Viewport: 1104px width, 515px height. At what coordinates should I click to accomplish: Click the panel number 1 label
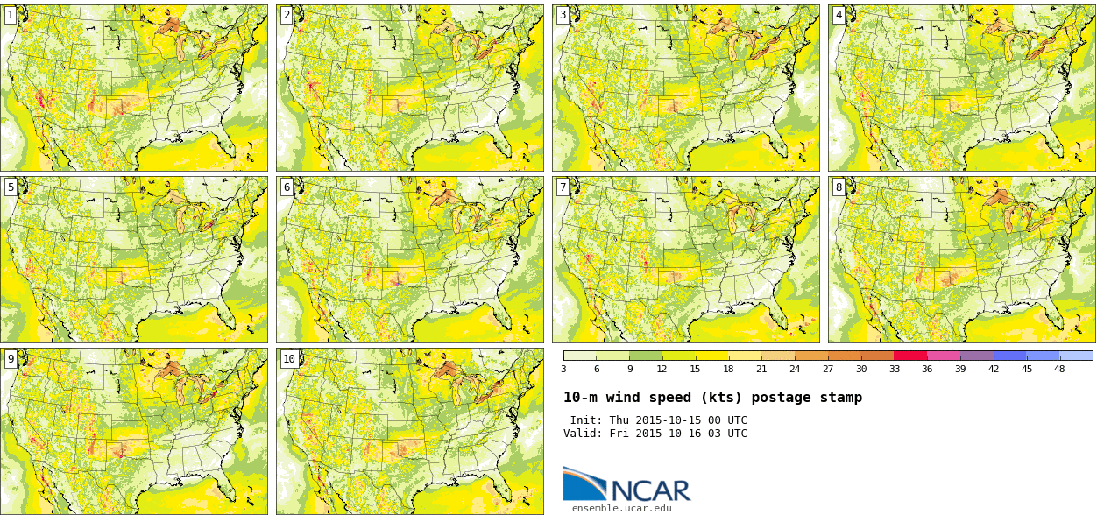tap(10, 15)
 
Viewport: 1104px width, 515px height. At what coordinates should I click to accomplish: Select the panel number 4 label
tap(839, 15)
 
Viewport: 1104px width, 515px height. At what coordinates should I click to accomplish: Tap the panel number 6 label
tap(287, 187)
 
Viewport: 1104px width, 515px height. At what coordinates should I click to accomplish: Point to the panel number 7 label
tap(563, 187)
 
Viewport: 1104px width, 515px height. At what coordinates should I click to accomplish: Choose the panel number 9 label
tap(11, 359)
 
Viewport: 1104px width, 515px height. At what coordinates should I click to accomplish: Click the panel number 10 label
tap(289, 359)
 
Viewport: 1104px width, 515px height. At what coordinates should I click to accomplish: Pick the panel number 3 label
tap(563, 15)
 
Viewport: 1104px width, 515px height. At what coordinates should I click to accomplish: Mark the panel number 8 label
tap(839, 187)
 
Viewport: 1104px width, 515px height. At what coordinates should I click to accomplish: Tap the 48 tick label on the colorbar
tap(1059, 369)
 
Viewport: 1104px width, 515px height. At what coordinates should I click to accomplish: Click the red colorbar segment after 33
tap(910, 356)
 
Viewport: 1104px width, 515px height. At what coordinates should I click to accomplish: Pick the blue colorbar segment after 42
tap(1009, 356)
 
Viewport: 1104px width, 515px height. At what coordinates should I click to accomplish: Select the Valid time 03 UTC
tap(726, 434)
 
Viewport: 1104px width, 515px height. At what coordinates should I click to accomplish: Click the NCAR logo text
tap(650, 490)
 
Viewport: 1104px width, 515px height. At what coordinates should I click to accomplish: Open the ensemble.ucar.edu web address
tap(621, 508)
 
